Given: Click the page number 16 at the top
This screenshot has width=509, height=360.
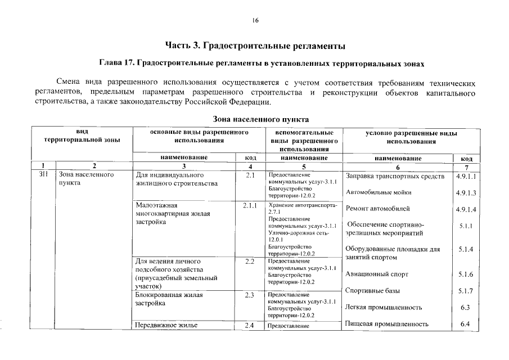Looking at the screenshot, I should [x=255, y=21].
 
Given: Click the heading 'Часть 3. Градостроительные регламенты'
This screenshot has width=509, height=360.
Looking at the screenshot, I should [x=255, y=44].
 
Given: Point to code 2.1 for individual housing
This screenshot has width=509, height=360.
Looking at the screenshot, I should [x=250, y=175].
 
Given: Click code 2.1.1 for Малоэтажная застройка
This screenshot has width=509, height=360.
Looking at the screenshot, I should [x=250, y=205].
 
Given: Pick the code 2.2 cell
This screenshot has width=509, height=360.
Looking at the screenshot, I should [x=250, y=262].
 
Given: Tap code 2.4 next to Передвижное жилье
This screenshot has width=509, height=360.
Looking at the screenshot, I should [x=250, y=325].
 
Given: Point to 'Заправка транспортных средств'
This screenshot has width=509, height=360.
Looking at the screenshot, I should [x=395, y=177].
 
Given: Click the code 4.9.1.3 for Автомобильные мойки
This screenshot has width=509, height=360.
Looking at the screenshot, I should [x=467, y=193].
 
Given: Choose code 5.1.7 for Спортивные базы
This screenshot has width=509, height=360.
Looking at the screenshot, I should [x=465, y=291].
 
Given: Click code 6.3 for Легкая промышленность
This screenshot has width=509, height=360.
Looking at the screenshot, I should [x=465, y=308].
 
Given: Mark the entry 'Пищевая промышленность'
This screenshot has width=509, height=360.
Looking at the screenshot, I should [x=386, y=323].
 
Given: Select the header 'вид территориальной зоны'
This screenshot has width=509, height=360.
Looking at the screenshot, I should [x=82, y=136].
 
